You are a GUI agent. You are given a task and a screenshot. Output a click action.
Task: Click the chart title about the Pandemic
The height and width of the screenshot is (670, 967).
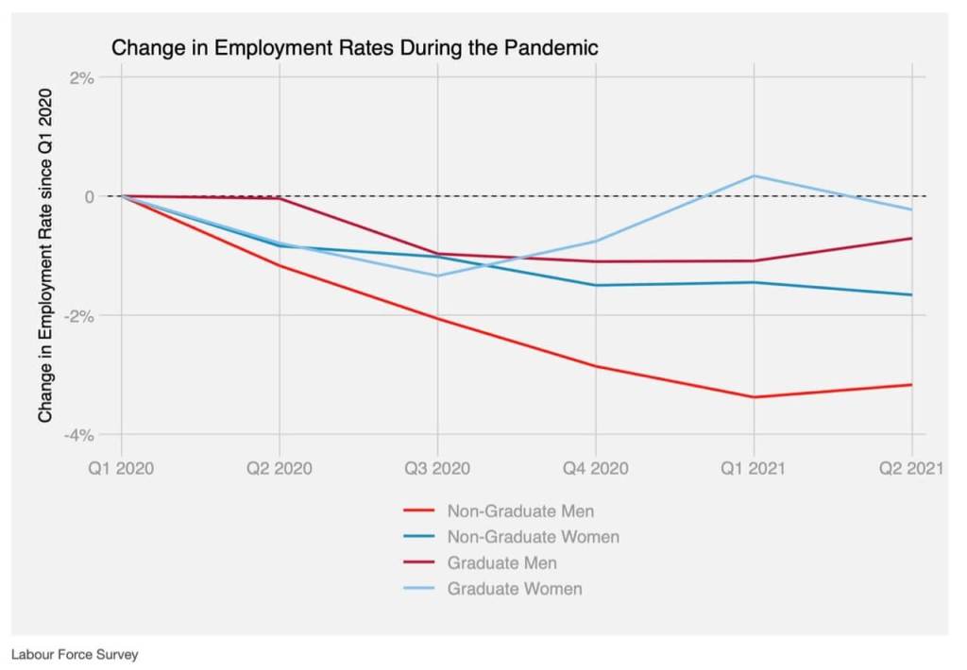pyautogui.click(x=355, y=48)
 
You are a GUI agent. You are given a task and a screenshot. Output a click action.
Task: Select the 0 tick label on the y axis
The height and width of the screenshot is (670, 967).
pyautogui.click(x=90, y=196)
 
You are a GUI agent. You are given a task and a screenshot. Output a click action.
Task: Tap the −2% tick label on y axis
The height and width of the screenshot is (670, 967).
pyautogui.click(x=79, y=315)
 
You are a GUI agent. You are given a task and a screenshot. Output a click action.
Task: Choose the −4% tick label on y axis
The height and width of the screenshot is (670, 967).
pyautogui.click(x=79, y=435)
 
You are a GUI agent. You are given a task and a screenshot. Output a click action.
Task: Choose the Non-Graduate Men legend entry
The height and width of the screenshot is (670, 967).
pyautogui.click(x=520, y=511)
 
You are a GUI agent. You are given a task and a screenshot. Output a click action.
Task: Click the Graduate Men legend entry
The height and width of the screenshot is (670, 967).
pyautogui.click(x=501, y=563)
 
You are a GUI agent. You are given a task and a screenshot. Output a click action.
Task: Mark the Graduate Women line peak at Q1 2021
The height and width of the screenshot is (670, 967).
pyautogui.click(x=754, y=176)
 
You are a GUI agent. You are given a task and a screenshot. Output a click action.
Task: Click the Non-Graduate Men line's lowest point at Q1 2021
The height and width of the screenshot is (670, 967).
pyautogui.click(x=754, y=397)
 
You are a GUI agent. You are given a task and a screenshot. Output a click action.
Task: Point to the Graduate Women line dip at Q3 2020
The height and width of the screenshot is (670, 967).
pyautogui.click(x=437, y=276)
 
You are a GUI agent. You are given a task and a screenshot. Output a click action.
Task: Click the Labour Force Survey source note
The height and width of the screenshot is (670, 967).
pyautogui.click(x=75, y=654)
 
